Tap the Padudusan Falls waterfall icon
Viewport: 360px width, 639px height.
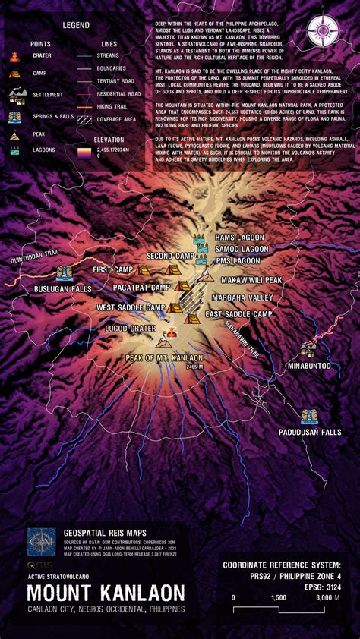(x=309, y=417)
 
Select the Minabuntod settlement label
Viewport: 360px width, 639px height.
(x=308, y=365)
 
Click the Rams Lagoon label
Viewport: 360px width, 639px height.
(x=239, y=238)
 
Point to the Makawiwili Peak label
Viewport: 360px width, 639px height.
(x=251, y=280)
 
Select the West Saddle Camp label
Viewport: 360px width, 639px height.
(x=131, y=307)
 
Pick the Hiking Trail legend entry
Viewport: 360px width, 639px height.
(x=113, y=106)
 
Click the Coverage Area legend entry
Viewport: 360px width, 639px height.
(x=115, y=119)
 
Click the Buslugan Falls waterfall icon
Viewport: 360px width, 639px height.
(x=65, y=272)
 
